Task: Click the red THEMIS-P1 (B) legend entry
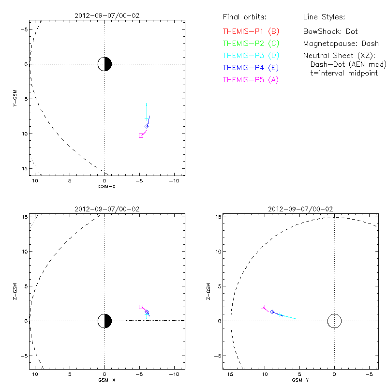[251, 31]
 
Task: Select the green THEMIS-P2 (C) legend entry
[251, 44]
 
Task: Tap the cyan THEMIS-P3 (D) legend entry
[251, 56]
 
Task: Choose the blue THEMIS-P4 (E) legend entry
[251, 68]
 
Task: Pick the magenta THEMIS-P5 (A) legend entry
[251, 80]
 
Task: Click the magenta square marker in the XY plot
[141, 136]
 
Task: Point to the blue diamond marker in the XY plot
[147, 127]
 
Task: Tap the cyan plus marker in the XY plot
[147, 119]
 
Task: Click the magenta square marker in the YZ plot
[263, 307]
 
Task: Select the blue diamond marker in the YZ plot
[272, 312]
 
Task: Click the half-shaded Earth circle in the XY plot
[104, 64]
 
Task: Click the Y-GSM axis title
[15, 98]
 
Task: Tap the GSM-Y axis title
[300, 380]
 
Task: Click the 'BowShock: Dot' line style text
[330, 31]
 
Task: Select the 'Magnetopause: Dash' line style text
[341, 44]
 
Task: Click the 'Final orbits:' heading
[245, 17]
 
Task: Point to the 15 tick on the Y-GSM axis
[25, 168]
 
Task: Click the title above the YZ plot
[300, 209]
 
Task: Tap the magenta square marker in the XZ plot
[141, 307]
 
